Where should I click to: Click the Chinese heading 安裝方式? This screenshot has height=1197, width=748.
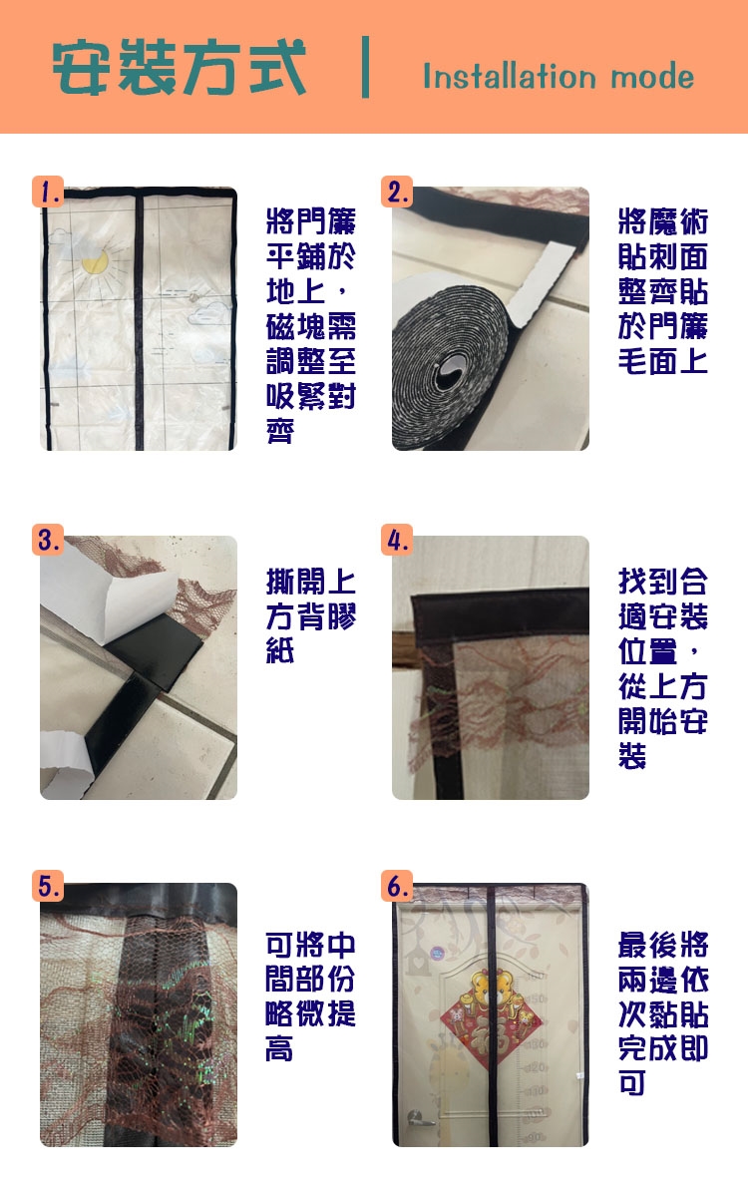[x=179, y=68]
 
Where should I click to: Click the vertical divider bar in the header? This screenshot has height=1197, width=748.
[x=365, y=67]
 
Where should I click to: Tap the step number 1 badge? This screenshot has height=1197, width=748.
[x=48, y=192]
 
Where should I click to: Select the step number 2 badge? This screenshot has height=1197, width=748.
[x=397, y=192]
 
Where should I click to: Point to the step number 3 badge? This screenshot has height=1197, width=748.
[x=48, y=540]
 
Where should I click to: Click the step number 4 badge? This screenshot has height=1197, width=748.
[x=397, y=540]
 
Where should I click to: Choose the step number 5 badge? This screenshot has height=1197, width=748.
[x=48, y=886]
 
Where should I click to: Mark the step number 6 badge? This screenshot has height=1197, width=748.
[x=397, y=886]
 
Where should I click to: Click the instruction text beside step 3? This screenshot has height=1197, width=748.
[x=311, y=616]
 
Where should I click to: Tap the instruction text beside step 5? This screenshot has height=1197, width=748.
[x=310, y=997]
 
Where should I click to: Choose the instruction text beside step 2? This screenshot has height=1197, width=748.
[x=663, y=290]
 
